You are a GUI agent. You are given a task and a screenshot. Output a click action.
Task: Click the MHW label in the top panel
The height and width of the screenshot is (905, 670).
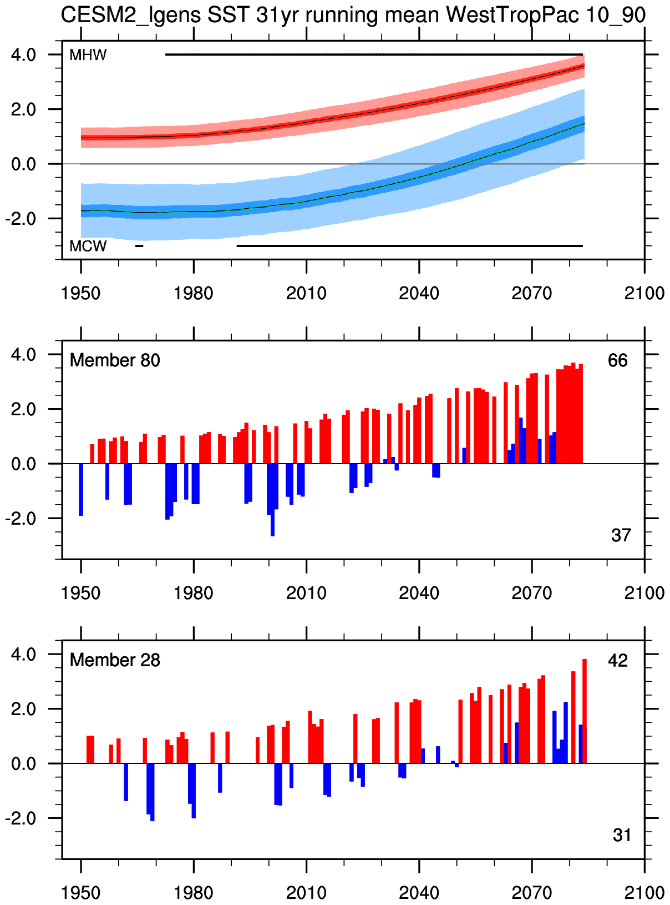(88, 55)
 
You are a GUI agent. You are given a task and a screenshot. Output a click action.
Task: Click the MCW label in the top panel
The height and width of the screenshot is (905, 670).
(88, 246)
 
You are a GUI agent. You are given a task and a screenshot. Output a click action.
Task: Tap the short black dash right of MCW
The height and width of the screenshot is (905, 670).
(139, 245)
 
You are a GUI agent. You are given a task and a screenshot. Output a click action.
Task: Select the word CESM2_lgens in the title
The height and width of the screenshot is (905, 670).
(131, 15)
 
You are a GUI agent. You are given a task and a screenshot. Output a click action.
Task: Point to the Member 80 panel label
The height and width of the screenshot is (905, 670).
(115, 360)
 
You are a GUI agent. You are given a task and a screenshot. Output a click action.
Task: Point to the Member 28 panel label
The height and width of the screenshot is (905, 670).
(115, 660)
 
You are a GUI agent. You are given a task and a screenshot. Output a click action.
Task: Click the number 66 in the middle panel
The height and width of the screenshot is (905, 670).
(617, 360)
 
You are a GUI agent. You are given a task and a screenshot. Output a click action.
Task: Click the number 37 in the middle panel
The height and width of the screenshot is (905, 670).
(621, 535)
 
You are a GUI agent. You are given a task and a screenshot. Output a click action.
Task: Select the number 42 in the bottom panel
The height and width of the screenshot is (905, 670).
(618, 660)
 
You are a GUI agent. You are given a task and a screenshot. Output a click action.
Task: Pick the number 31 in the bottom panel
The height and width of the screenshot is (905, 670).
(622, 835)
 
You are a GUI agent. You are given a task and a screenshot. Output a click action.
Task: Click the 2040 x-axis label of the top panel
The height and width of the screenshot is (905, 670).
(419, 293)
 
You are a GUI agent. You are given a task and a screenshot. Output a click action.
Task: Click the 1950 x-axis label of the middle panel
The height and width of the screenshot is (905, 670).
(81, 592)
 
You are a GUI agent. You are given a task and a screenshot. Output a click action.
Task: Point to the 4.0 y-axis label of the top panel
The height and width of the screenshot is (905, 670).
(24, 55)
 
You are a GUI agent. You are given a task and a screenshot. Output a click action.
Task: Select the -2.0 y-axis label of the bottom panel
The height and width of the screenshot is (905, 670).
(21, 818)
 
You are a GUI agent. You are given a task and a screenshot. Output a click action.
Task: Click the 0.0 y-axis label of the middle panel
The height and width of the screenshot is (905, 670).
(24, 464)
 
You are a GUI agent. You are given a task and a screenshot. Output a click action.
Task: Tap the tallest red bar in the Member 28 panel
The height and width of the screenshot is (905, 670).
(585, 711)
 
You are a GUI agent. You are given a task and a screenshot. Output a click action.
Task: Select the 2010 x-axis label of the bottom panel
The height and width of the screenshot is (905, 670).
(306, 892)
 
